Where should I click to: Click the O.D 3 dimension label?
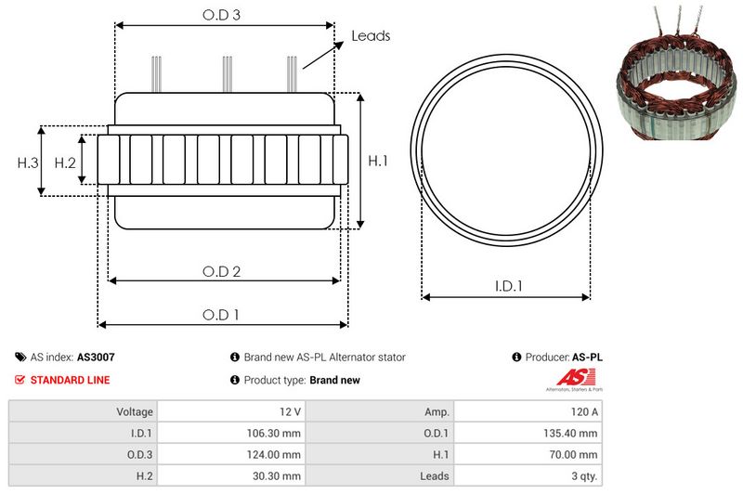click(x=221, y=15)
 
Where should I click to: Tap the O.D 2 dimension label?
click(x=221, y=272)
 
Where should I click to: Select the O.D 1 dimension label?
click(x=221, y=315)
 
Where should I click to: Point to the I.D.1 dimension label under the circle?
click(x=508, y=286)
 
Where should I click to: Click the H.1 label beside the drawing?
click(x=378, y=161)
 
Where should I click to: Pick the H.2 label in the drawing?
click(x=65, y=162)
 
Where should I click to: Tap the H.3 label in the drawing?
click(x=28, y=162)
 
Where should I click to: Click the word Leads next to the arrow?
click(x=371, y=36)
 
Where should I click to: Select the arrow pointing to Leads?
click(x=323, y=55)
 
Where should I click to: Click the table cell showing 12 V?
click(x=231, y=411)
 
